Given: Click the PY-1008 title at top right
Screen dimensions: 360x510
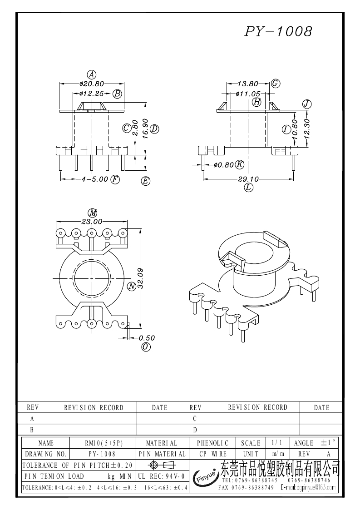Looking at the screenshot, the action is pos(278,31).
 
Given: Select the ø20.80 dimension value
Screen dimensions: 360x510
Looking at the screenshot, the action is pos(92,84).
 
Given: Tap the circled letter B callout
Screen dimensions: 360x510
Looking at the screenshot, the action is pos(117,94).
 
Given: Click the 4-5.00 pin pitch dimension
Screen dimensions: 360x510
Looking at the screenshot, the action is pos(94,179).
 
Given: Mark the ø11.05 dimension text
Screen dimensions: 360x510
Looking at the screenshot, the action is pos(248,94).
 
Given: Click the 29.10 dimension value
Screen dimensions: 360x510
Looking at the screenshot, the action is pos(248,179).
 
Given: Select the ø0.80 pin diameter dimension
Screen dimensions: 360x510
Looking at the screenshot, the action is pos(224,165).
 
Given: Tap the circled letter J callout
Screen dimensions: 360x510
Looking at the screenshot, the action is pos(307,104).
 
